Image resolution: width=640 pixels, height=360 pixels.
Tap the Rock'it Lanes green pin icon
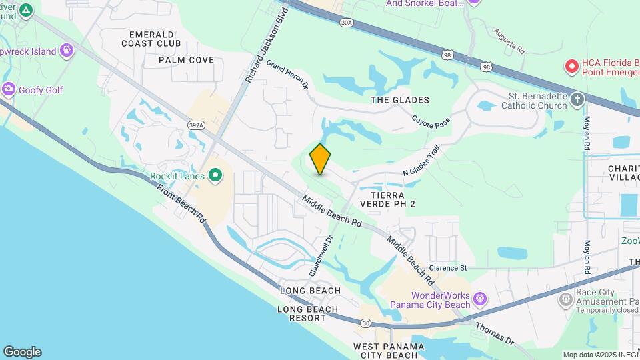[x=215, y=176]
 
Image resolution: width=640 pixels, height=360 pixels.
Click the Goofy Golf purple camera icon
[x=9, y=89]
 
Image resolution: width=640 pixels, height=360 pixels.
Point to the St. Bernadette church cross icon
[x=577, y=100]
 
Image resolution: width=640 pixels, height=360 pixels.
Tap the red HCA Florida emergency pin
[x=571, y=66]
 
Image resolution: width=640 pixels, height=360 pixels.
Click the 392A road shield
[x=196, y=125]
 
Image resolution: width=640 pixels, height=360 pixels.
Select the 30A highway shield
[x=345, y=22]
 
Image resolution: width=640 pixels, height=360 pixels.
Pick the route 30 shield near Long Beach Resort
[x=366, y=323]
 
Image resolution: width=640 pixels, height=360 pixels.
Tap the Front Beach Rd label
[x=181, y=203]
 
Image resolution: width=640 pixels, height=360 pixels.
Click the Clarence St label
[x=448, y=268]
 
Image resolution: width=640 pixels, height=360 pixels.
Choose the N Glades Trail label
[x=422, y=162]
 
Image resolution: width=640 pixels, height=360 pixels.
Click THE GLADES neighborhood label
[x=400, y=100]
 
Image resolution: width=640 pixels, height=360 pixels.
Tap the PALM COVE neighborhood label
[x=186, y=60]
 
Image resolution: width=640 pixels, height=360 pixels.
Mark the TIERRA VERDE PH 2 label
[x=387, y=199]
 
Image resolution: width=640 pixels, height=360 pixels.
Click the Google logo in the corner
[x=22, y=352]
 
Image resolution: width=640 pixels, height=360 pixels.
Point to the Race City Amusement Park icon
[x=566, y=299]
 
